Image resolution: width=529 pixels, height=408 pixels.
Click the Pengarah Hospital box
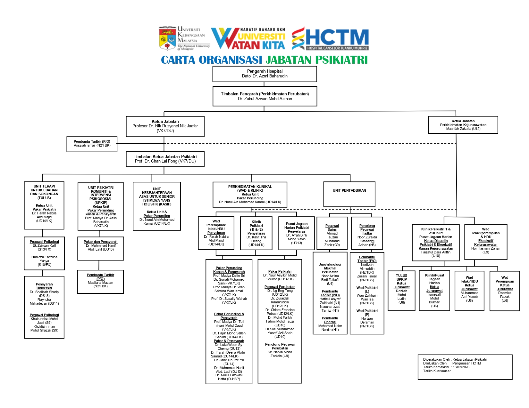(264, 74)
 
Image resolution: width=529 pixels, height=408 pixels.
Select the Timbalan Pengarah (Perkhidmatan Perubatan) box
(264, 96)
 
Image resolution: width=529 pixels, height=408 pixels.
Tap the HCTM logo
(330, 39)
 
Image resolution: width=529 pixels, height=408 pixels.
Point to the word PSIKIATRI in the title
(341, 60)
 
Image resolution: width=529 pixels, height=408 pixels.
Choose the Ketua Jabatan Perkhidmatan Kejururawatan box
(463, 125)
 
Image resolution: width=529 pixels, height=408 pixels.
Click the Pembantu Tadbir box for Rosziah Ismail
(92, 144)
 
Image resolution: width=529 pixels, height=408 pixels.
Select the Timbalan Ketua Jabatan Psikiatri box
(165, 159)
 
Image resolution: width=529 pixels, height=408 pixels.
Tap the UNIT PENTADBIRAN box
(349, 194)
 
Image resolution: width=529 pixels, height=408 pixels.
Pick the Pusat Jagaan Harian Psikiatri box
(297, 233)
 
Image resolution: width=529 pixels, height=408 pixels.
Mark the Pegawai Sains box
(332, 233)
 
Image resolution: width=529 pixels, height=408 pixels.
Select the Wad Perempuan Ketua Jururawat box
(505, 291)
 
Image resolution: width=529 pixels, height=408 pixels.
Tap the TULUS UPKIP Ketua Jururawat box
(401, 291)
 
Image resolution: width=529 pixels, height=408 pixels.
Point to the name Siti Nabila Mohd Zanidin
(280, 354)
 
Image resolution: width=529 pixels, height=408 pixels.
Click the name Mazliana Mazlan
(100, 283)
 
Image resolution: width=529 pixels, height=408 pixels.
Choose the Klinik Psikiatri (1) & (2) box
(256, 233)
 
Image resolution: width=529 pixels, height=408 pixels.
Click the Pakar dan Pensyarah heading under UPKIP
(100, 242)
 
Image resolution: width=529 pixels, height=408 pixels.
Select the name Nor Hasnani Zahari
(485, 248)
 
